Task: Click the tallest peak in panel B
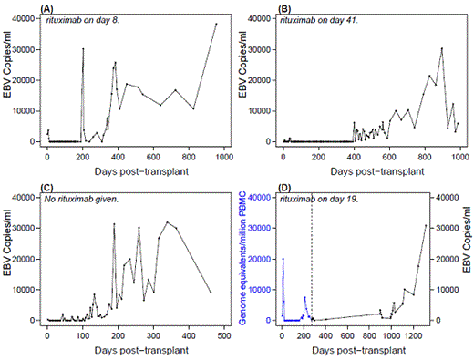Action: click(x=441, y=48)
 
